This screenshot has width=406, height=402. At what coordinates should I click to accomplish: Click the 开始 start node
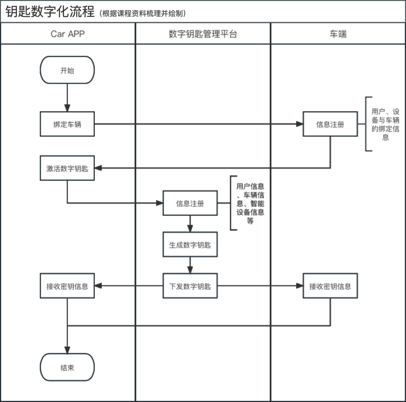pyautogui.click(x=67, y=70)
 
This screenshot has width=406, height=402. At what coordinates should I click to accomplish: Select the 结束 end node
pyautogui.click(x=67, y=367)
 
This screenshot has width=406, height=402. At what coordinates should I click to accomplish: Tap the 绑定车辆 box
pyautogui.click(x=67, y=124)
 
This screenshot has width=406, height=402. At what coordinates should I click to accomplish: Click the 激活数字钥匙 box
pyautogui.click(x=67, y=168)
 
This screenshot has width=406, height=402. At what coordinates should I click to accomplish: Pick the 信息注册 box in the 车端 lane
pyautogui.click(x=330, y=124)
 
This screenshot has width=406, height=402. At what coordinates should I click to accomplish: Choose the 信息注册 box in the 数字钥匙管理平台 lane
pyautogui.click(x=190, y=203)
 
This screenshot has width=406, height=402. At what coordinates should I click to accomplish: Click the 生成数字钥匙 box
pyautogui.click(x=190, y=245)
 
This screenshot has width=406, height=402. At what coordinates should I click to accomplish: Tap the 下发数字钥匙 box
pyautogui.click(x=190, y=286)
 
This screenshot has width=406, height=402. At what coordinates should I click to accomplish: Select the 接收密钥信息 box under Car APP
pyautogui.click(x=67, y=286)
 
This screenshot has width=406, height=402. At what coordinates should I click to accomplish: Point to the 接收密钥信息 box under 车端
pyautogui.click(x=330, y=286)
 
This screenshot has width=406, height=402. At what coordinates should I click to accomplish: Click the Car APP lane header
pyautogui.click(x=68, y=34)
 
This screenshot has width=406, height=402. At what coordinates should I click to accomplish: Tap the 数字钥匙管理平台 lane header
pyautogui.click(x=203, y=34)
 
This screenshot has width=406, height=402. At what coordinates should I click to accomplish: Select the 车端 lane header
pyautogui.click(x=338, y=34)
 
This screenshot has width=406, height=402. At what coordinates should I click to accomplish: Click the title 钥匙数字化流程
pyautogui.click(x=50, y=12)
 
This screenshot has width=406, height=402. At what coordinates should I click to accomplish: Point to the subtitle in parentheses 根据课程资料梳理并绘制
pyautogui.click(x=143, y=14)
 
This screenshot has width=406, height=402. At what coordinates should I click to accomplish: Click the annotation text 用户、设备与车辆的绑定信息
pyautogui.click(x=385, y=124)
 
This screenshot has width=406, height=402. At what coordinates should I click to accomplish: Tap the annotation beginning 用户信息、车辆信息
pyautogui.click(x=250, y=203)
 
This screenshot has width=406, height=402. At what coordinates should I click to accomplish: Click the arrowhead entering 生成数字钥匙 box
pyautogui.click(x=190, y=228)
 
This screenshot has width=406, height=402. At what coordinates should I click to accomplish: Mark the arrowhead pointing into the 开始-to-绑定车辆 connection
pyautogui.click(x=67, y=108)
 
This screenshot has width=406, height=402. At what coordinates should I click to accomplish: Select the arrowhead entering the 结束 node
pyautogui.click(x=67, y=350)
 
